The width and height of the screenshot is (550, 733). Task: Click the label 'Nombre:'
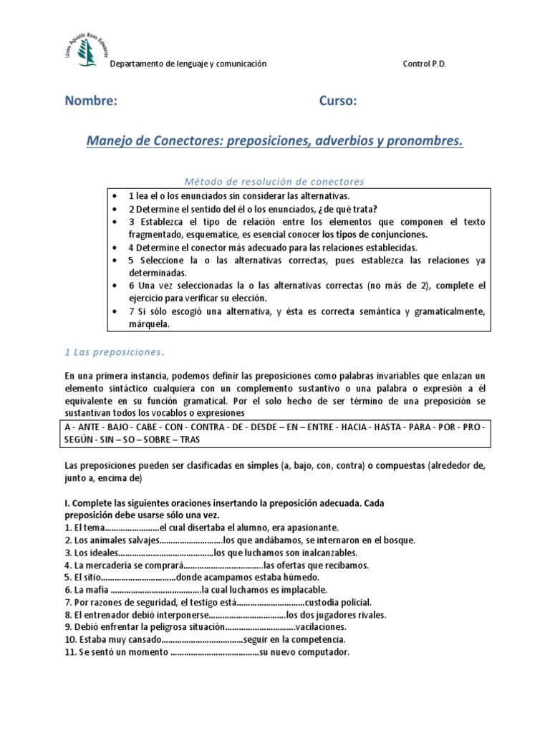coord(92,102)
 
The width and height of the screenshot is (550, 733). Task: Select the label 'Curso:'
coord(338,102)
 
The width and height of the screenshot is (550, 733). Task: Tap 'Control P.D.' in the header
coord(425,64)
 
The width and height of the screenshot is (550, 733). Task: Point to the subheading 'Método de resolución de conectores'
coord(274,182)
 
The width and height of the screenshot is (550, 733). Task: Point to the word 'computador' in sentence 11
coord(319,653)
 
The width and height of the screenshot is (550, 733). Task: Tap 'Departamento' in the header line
coord(134,64)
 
